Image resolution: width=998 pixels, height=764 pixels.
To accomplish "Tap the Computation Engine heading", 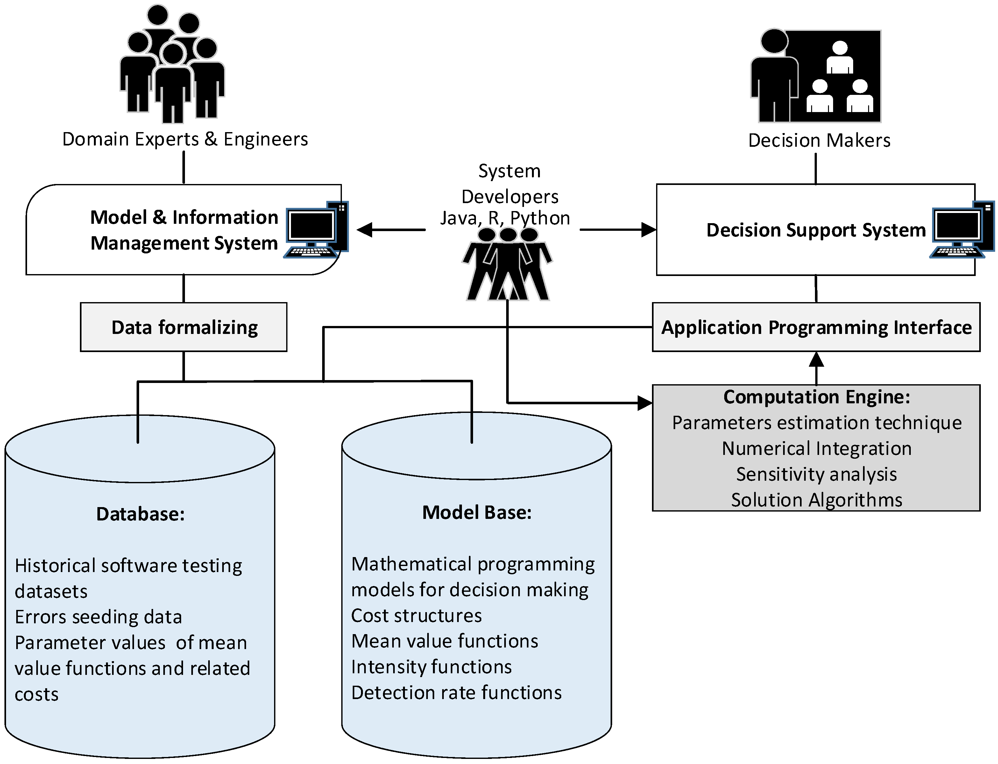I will (x=817, y=397).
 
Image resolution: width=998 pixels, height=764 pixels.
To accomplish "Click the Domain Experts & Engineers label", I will (x=185, y=139).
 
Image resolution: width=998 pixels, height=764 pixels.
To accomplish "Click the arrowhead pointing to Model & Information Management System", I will (x=365, y=230).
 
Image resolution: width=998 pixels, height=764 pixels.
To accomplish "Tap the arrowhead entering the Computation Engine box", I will (x=645, y=403).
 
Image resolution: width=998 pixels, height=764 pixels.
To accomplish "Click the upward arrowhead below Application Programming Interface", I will (x=817, y=360).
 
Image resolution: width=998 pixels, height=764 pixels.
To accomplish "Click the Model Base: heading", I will (x=477, y=513).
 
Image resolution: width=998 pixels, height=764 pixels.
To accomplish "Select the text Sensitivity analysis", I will (x=817, y=474).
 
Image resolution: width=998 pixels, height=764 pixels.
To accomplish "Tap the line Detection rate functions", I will (x=457, y=693).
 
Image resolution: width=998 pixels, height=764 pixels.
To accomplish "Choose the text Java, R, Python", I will (x=505, y=218).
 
